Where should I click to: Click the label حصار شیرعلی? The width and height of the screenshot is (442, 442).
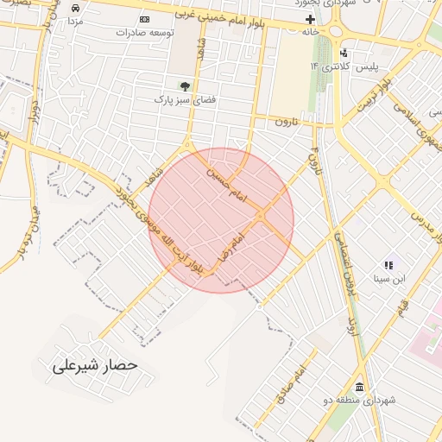(96, 365)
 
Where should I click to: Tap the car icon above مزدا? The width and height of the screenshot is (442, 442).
(75, 6)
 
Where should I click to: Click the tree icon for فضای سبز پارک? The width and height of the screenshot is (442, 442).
(184, 85)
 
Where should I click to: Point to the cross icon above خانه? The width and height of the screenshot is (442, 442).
(311, 19)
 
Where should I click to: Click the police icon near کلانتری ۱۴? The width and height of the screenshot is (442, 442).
(344, 54)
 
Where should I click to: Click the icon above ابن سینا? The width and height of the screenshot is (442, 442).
(388, 264)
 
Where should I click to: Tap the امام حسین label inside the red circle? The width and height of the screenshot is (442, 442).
(225, 182)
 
